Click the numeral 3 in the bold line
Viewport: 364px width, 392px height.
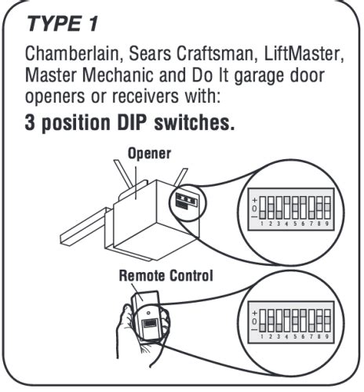click(x=31, y=125)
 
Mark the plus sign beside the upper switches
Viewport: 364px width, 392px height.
click(x=253, y=199)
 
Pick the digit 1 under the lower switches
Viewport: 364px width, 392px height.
click(x=261, y=336)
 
